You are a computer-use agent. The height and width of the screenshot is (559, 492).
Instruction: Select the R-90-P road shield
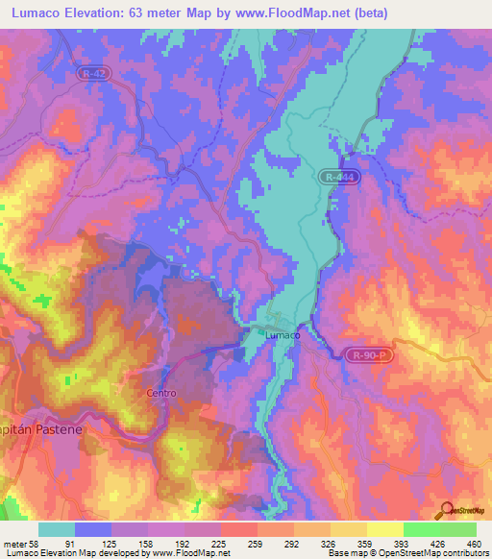pyautogui.click(x=370, y=355)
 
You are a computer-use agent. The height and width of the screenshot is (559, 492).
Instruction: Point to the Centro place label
pyautogui.click(x=160, y=393)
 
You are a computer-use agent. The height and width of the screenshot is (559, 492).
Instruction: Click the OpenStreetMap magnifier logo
pyautogui.click(x=448, y=510)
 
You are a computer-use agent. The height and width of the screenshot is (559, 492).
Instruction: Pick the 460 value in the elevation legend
pyautogui.click(x=472, y=544)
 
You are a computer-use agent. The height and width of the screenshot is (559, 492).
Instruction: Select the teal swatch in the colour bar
pyautogui.click(x=57, y=529)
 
